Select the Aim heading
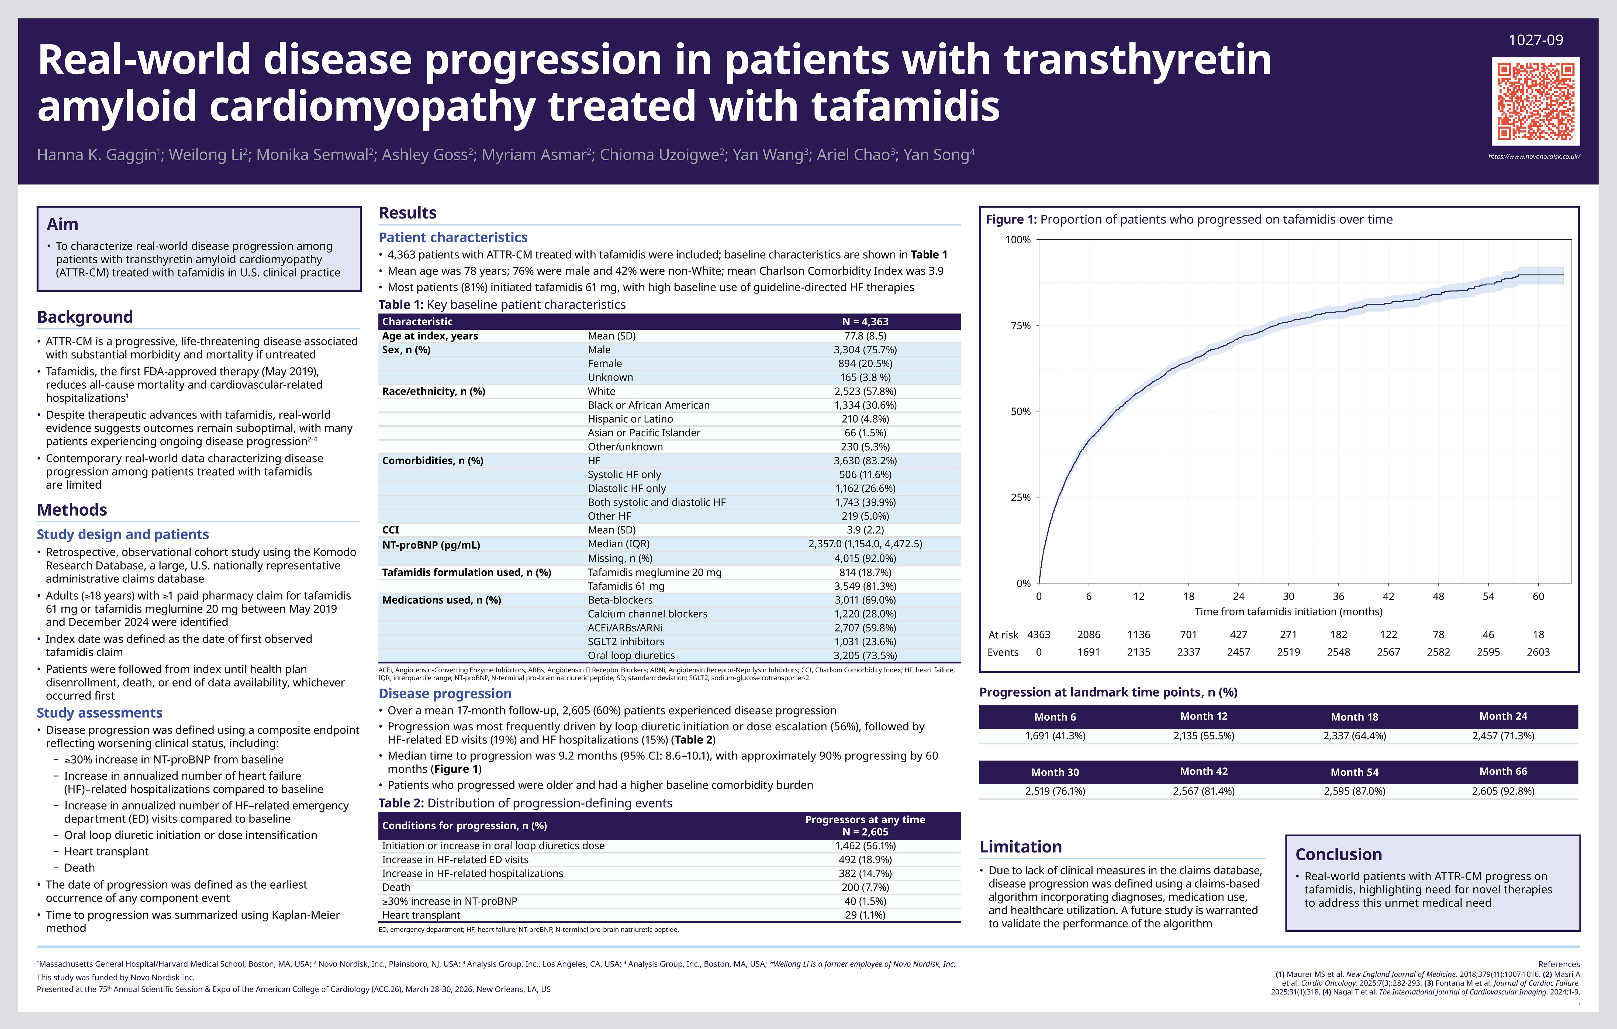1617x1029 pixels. [x=63, y=224]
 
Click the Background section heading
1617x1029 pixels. [x=85, y=317]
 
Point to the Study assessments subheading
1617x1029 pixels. [x=99, y=713]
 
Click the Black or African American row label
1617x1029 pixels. [x=648, y=405]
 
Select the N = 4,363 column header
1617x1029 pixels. [x=865, y=322]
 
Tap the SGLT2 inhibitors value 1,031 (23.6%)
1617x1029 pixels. [x=865, y=641]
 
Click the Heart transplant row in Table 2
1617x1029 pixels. [x=421, y=915]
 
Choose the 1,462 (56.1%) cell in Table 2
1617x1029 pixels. [x=865, y=846]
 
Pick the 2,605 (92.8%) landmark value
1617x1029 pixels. [x=1503, y=791]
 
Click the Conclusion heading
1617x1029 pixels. [x=1338, y=854]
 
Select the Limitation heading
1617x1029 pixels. [x=1020, y=847]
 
